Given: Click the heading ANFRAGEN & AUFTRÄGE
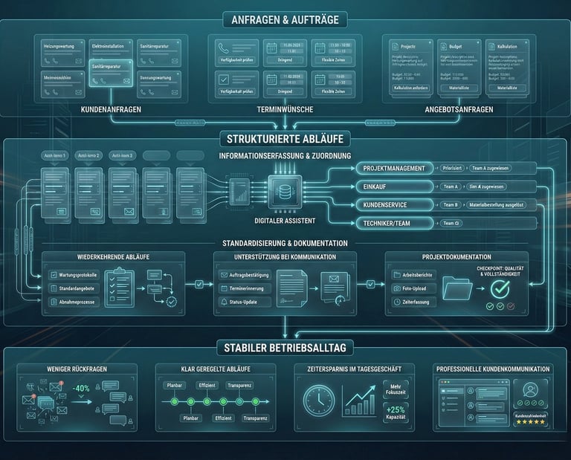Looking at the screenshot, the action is coord(285,20).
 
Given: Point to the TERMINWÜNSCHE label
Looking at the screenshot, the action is coord(285,109).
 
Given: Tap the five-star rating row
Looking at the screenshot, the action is coord(529,421).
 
